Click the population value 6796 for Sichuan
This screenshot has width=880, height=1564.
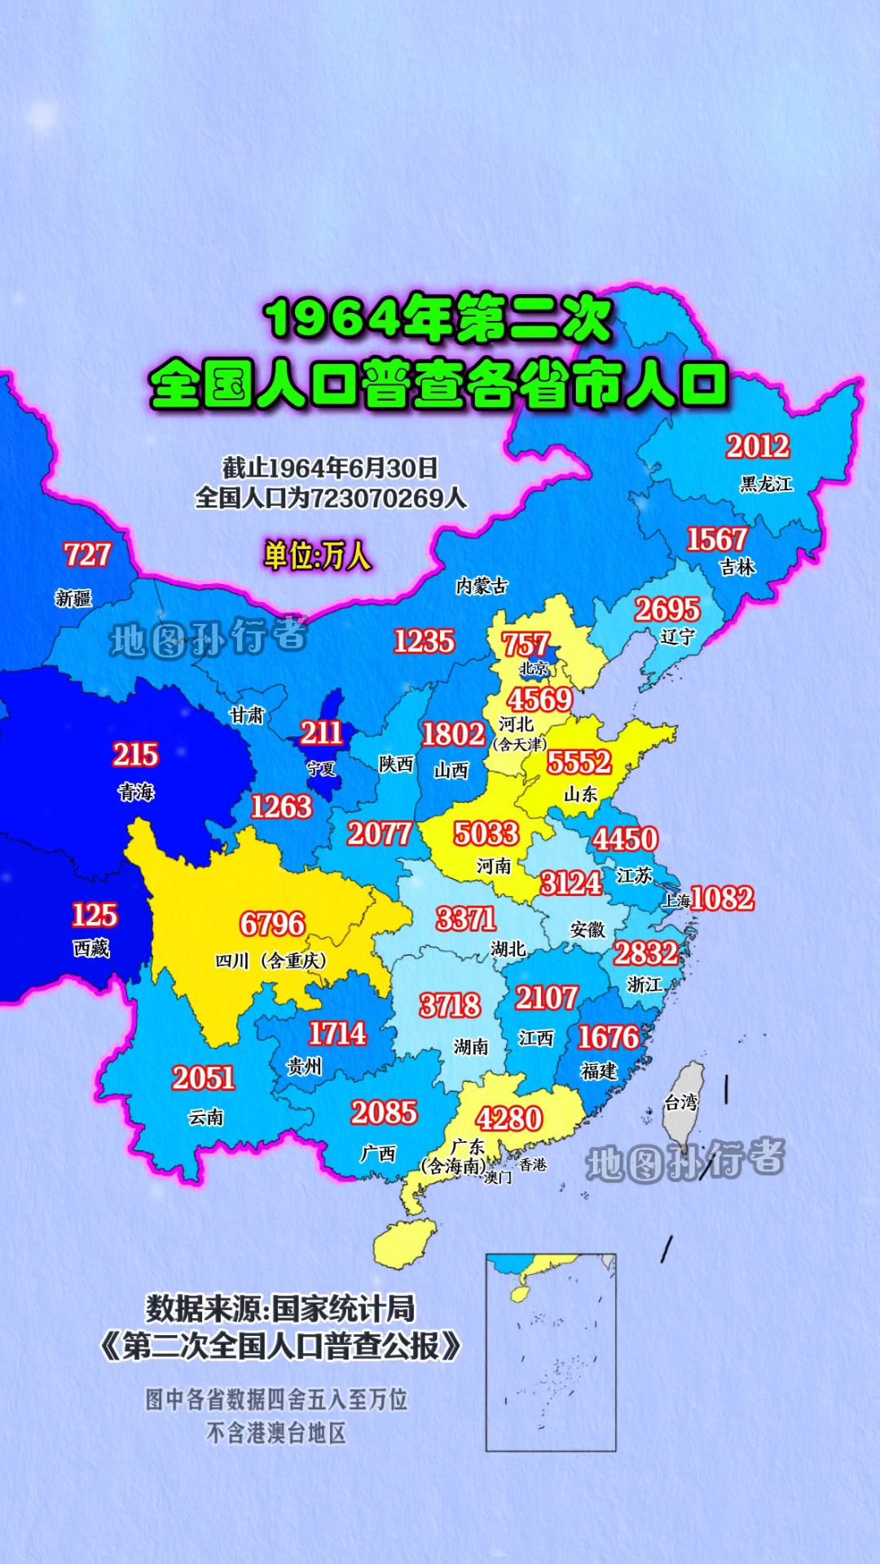pyautogui.click(x=272, y=924)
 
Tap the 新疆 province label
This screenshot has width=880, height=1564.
pyautogui.click(x=73, y=599)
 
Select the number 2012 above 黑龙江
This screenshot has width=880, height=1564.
pyautogui.click(x=758, y=446)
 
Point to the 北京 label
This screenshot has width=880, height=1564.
pyautogui.click(x=534, y=669)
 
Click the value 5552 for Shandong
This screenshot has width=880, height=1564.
pyautogui.click(x=579, y=762)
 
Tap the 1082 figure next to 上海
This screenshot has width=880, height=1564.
pyautogui.click(x=722, y=898)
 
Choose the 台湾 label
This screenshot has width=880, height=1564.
pyautogui.click(x=681, y=1102)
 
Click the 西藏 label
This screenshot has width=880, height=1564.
pyautogui.click(x=91, y=948)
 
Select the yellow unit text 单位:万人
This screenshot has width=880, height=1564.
pyautogui.click(x=317, y=556)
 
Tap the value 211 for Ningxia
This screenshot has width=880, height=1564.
pyautogui.click(x=321, y=733)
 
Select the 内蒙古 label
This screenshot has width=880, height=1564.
pyautogui.click(x=482, y=586)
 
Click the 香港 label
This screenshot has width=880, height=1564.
pyautogui.click(x=533, y=1165)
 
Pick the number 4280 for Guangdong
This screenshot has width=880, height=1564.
pyautogui.click(x=509, y=1118)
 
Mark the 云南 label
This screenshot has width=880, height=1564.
pyautogui.click(x=206, y=1117)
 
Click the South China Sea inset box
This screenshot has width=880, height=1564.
pyautogui.click(x=551, y=1352)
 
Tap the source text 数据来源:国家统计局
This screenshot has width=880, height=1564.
pyautogui.click(x=280, y=1309)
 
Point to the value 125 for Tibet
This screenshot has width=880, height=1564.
pyautogui.click(x=95, y=915)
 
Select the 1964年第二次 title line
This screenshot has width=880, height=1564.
pyautogui.click(x=438, y=319)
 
